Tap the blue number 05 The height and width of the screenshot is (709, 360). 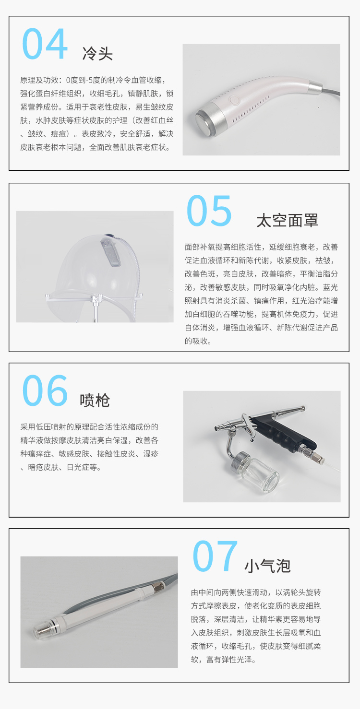[209, 211]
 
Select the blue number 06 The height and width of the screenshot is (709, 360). [45, 390]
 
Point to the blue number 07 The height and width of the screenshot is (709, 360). [215, 556]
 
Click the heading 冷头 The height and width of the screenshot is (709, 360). [97, 54]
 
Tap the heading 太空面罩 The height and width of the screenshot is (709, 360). [287, 220]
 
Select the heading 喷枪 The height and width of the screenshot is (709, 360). [95, 401]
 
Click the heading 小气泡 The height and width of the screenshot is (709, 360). [267, 566]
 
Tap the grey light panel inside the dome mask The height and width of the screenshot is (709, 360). [111, 252]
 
